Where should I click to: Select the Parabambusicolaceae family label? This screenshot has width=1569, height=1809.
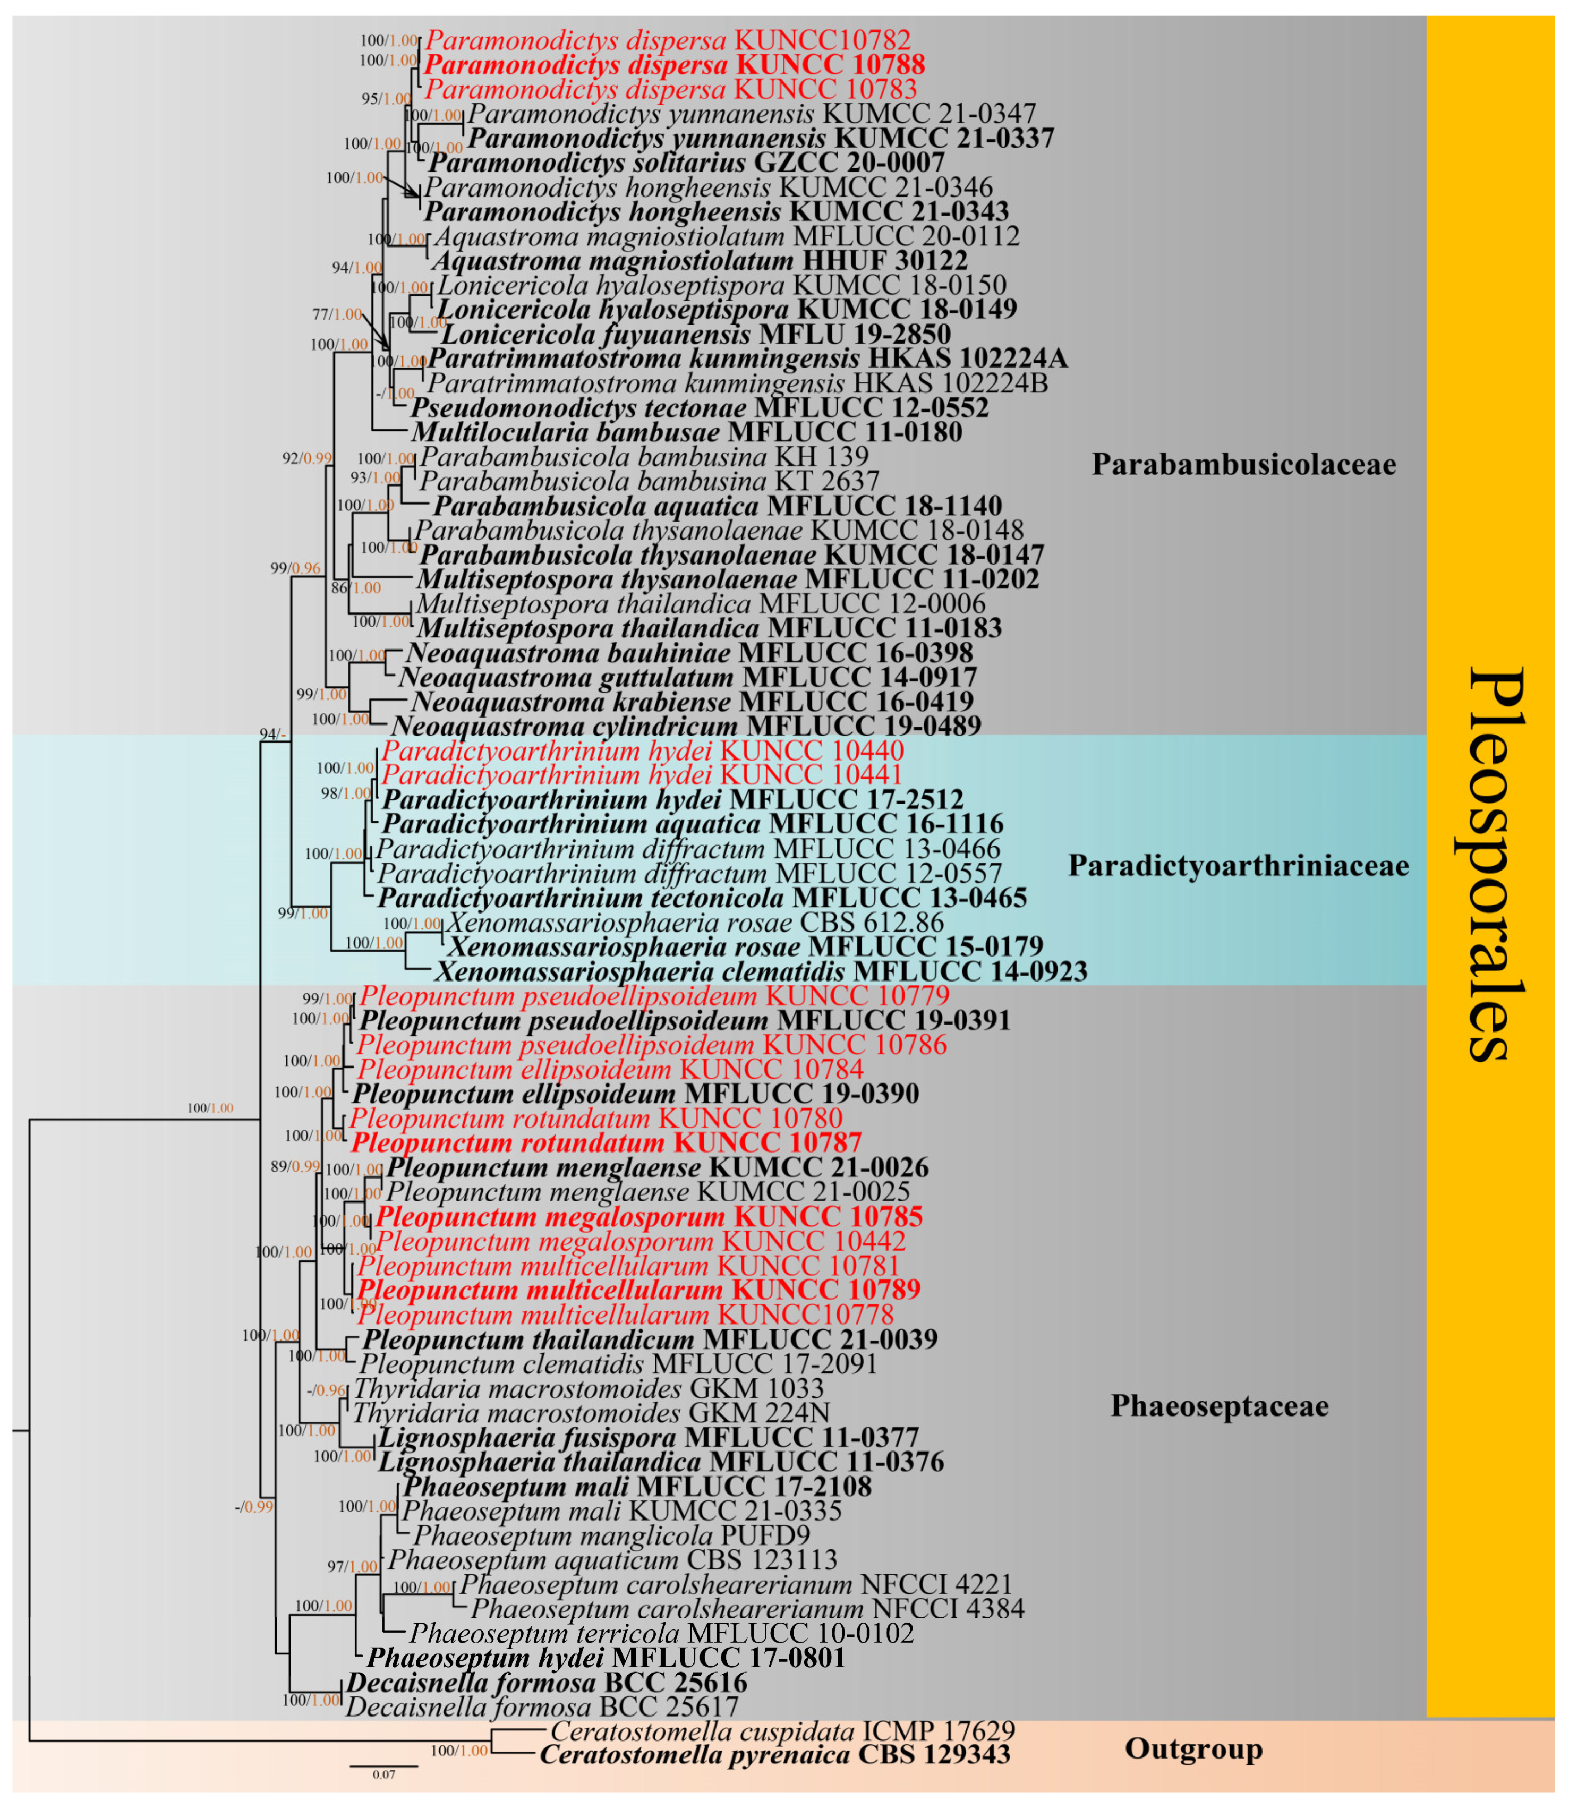1243,464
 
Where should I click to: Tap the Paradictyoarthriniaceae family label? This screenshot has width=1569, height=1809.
1238,866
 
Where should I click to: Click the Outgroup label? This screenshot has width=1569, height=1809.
1193,1748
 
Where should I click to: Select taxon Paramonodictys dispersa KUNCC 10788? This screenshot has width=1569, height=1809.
674,65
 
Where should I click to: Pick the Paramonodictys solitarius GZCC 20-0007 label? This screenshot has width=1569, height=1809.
686,163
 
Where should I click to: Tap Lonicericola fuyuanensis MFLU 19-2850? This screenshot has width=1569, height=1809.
695,335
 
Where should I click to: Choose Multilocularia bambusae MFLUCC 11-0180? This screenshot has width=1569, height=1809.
686,432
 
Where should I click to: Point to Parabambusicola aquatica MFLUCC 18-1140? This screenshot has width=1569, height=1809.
717,506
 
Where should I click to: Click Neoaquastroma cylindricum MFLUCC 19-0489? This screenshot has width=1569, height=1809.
686,727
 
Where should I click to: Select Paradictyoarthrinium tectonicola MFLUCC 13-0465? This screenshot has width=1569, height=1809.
701,898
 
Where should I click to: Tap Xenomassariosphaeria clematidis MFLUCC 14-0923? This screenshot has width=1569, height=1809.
760,972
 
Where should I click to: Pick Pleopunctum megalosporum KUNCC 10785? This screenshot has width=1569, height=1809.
649,1217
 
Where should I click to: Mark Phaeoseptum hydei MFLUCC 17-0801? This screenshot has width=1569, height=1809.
606,1658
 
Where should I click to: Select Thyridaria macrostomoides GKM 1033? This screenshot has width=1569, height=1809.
587,1389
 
